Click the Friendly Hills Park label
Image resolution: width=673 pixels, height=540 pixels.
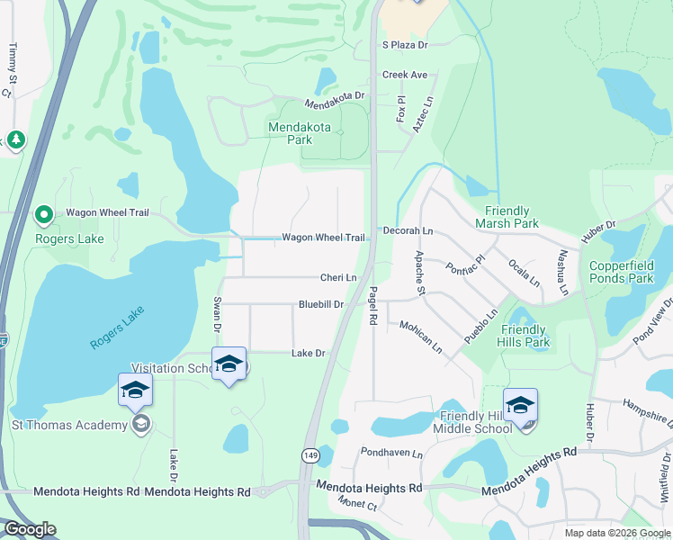click(525, 336)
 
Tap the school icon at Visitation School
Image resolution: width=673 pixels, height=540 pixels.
click(229, 364)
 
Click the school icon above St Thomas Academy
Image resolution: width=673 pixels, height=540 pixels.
click(135, 389)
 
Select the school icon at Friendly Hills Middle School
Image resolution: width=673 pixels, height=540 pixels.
click(520, 405)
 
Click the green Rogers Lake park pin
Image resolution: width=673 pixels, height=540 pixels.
click(43, 215)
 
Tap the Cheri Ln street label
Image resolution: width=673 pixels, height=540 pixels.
click(338, 278)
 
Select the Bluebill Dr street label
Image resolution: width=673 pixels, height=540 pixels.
click(321, 305)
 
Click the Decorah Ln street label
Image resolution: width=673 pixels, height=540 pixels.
click(408, 231)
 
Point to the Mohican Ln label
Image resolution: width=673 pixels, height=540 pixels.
click(421, 337)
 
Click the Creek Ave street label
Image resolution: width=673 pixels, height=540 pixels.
click(404, 76)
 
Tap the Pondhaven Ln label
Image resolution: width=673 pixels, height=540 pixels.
click(391, 453)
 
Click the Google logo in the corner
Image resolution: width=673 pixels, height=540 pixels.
click(30, 529)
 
